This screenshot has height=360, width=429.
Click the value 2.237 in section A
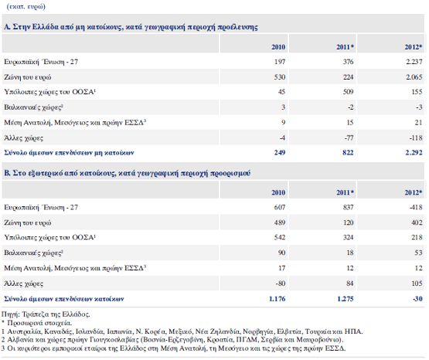(414, 62)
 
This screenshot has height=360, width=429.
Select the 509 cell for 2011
(348, 92)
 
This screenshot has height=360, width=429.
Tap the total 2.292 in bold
(414, 152)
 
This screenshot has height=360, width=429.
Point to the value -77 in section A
(349, 138)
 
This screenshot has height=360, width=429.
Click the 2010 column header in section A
(278, 47)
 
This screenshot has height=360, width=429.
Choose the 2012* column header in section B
(414, 192)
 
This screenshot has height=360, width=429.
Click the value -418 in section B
(416, 208)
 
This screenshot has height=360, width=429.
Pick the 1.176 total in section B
(277, 299)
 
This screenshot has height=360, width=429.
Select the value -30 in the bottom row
(417, 299)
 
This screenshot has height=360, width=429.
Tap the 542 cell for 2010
(280, 237)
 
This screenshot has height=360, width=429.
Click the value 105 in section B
(417, 284)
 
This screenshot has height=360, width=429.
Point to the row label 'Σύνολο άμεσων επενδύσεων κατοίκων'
(64, 299)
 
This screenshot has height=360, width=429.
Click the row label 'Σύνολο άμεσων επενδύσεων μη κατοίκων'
(69, 152)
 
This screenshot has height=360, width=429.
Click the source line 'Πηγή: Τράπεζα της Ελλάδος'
(46, 314)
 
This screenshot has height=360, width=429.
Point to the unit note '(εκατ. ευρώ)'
(26, 6)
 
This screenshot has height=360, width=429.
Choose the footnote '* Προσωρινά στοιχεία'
(37, 323)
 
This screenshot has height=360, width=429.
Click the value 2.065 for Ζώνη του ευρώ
(414, 77)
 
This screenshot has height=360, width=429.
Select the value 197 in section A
(280, 62)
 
